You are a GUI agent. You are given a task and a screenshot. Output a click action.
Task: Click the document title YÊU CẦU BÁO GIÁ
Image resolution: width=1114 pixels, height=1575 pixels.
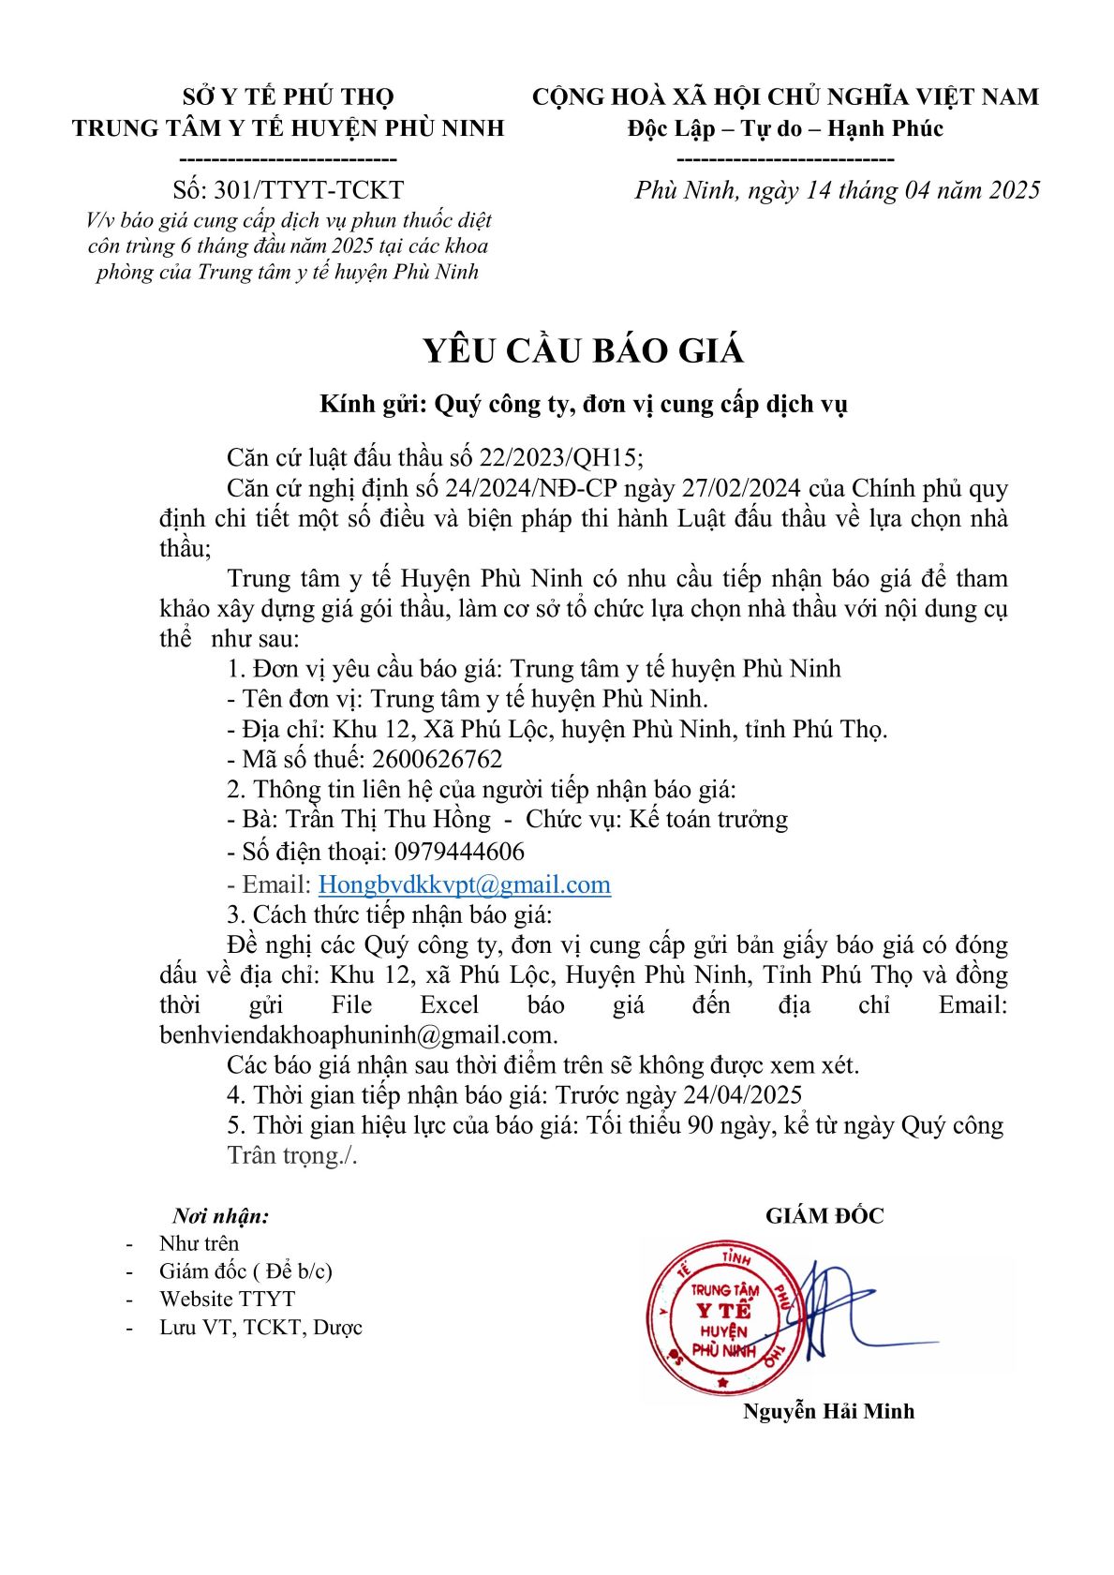coord(582,350)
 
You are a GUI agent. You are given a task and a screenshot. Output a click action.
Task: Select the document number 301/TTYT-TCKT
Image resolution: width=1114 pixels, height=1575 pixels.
coord(309,190)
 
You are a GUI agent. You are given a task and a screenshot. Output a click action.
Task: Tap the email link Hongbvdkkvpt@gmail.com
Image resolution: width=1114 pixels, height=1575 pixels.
coord(465,884)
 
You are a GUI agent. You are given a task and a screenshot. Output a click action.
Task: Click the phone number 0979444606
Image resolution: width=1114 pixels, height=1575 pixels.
coord(459,852)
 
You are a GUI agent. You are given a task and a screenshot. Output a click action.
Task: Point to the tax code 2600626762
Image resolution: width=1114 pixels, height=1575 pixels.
coord(437,759)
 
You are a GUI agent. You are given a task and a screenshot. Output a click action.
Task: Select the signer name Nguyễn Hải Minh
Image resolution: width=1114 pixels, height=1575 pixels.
coord(828,1411)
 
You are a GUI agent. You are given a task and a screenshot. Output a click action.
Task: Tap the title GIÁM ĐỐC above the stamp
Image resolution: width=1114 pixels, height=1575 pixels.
coord(824,1216)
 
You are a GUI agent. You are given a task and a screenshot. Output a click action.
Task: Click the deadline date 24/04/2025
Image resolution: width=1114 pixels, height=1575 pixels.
coord(743,1095)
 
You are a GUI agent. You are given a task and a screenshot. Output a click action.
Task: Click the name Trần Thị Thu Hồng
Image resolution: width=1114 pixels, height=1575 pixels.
coord(388,820)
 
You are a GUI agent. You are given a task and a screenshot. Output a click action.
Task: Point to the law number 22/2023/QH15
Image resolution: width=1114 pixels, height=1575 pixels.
coord(560,458)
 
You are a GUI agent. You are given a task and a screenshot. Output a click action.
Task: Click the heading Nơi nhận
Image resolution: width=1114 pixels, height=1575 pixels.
coord(220,1216)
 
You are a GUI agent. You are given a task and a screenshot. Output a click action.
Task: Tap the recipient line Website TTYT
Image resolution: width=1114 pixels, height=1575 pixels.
coord(227,1300)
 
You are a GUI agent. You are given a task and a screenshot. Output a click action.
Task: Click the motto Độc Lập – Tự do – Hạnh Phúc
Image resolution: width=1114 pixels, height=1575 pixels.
coord(785,128)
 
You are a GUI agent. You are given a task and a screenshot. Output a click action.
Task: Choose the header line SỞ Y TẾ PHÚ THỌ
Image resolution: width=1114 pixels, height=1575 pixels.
coord(288,97)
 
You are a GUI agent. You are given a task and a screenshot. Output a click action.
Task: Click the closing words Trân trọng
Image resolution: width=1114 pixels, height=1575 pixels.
coord(291,1155)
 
